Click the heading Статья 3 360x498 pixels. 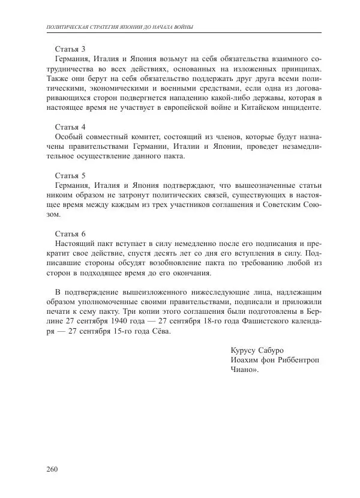coord(70,49)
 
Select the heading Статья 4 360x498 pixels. coord(70,127)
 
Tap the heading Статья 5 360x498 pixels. coord(70,176)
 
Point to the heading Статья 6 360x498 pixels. coord(70,233)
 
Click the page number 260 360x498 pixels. coord(52,469)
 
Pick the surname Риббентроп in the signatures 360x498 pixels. coord(296,361)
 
